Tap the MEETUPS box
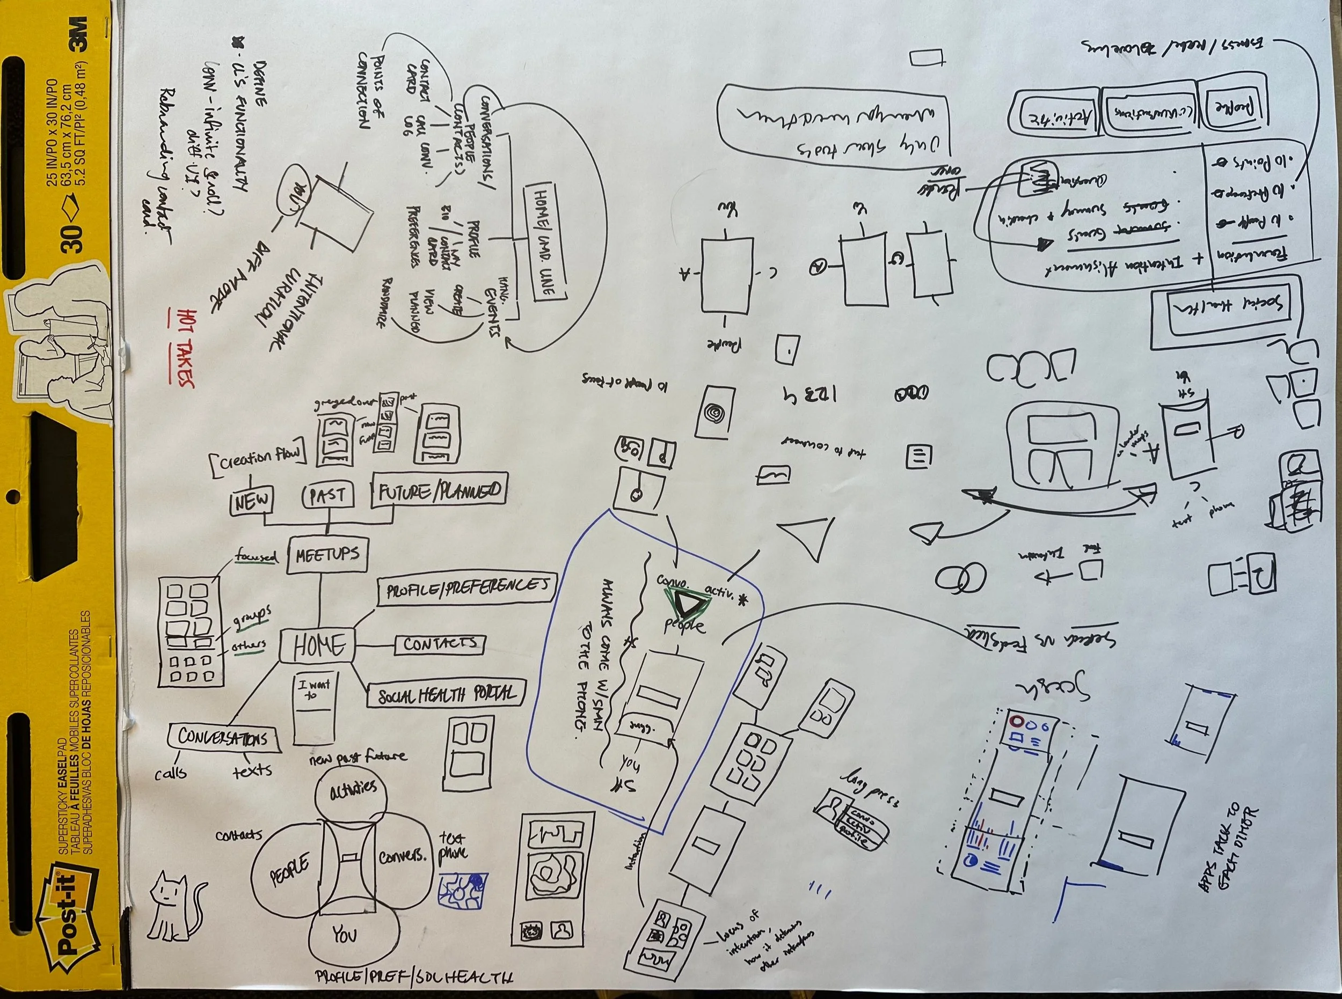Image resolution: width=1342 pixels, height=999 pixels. pos(327,553)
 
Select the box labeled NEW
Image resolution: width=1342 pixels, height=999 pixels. pos(251,501)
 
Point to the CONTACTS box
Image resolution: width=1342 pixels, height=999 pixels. pos(440,645)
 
